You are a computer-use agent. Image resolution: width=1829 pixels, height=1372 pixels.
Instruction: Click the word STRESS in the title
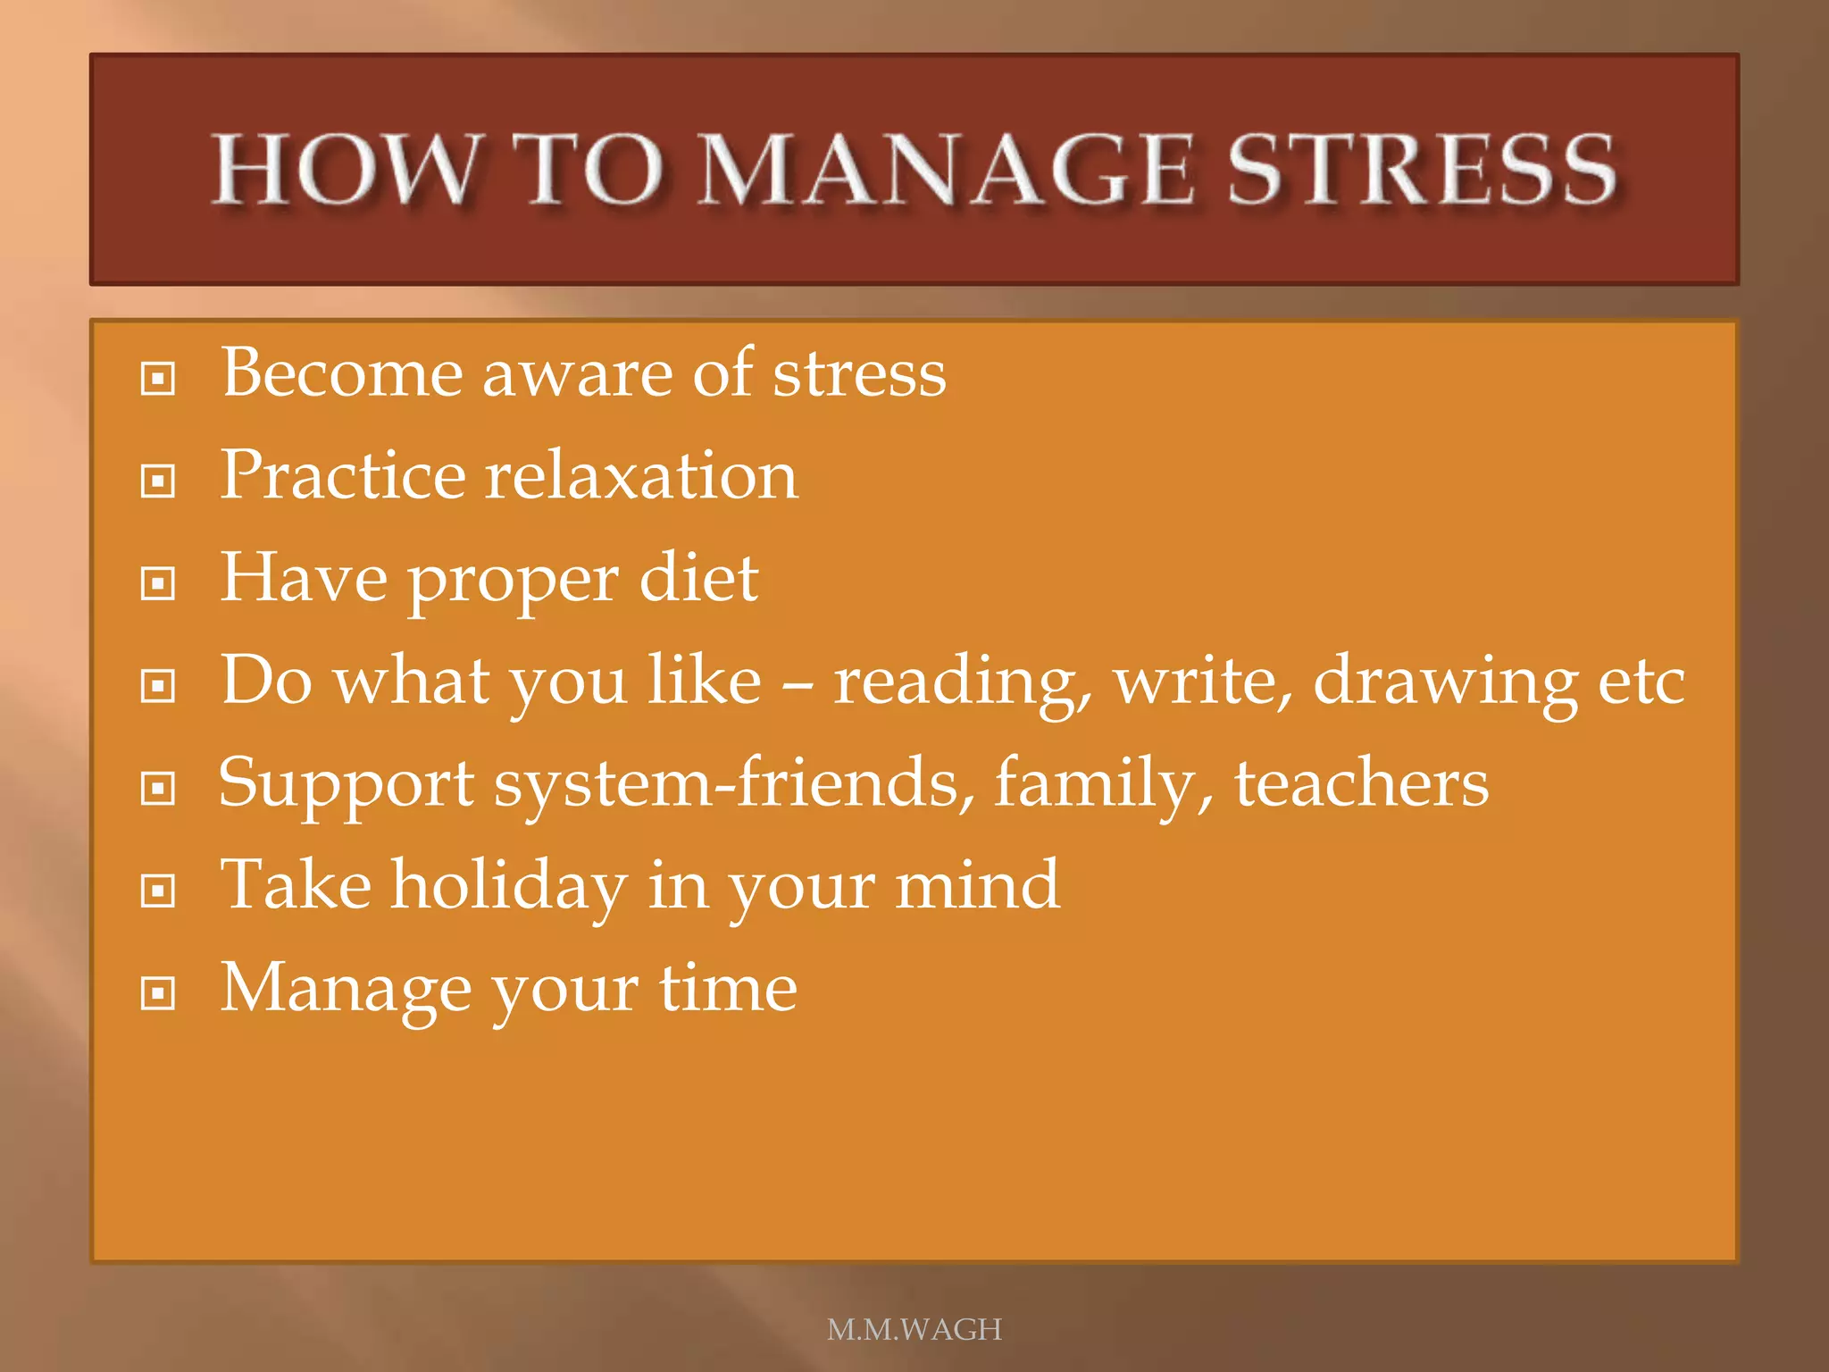[x=1422, y=170]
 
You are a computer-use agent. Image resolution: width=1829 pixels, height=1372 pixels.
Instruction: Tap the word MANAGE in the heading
[x=945, y=170]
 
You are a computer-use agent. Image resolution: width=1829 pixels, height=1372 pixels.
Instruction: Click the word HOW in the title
[x=345, y=170]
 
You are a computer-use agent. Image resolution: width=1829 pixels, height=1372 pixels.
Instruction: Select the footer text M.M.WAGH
[x=914, y=1329]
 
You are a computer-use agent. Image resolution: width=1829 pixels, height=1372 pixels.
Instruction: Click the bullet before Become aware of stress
[x=158, y=379]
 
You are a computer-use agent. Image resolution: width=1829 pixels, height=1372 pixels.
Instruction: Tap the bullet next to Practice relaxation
[x=158, y=481]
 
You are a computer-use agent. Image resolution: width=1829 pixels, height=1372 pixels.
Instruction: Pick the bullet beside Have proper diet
[x=158, y=584]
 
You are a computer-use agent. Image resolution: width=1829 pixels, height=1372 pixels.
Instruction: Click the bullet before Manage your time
[x=158, y=993]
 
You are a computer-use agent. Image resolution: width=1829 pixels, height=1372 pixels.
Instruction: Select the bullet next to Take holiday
[x=158, y=891]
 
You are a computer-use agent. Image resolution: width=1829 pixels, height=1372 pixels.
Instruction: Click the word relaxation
[x=641, y=475]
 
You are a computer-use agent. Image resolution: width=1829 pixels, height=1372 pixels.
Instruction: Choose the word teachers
[x=1361, y=783]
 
